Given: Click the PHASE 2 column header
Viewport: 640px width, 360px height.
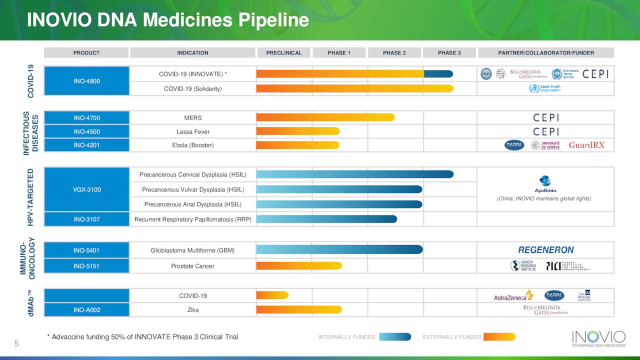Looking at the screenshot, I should pos(394,52).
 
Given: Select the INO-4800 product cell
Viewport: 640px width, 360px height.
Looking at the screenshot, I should pos(86,81).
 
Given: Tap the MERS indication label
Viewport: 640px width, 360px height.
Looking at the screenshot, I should pos(192,118).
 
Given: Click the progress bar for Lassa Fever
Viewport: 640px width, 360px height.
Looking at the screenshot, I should pos(298,131).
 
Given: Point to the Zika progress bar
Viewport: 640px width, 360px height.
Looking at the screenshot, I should pos(299,309).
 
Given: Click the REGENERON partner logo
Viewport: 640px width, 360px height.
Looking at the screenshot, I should pos(545,250).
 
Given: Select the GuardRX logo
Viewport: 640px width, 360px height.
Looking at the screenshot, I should pos(586,145).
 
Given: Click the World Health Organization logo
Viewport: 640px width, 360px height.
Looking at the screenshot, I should pos(545,88).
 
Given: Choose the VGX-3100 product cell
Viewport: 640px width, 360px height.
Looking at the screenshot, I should pos(86,189).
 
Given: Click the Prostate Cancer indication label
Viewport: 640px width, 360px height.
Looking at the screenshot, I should pos(192,266).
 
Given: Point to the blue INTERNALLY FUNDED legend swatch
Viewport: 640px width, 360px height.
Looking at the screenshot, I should pos(395,337).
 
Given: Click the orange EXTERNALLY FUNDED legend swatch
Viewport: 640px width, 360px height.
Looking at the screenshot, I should pos(499,337).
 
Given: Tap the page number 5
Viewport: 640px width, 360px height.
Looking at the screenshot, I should pos(16,343).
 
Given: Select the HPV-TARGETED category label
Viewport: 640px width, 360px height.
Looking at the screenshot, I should pos(30,197).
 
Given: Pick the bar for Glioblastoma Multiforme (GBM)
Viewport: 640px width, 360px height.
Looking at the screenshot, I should pos(339,249).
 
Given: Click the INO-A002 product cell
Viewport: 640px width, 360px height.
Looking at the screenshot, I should pos(86,310).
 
